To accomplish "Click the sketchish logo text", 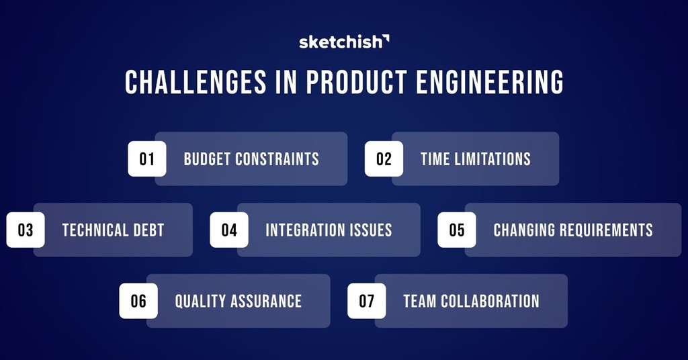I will (x=340, y=42).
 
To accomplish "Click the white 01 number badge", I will (x=147, y=159).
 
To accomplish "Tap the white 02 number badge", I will (x=384, y=159).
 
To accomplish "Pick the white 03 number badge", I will (x=26, y=230).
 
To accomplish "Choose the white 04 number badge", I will (x=229, y=230).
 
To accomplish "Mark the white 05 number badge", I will (x=457, y=230).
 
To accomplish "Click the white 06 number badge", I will (x=138, y=301).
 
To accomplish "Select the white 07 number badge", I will (x=366, y=301).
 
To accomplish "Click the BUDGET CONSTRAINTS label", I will (x=251, y=159).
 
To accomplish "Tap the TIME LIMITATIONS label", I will (x=476, y=159).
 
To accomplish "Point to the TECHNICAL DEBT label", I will (x=113, y=230).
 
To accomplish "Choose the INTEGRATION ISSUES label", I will (x=329, y=230).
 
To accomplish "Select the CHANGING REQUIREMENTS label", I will (x=573, y=230).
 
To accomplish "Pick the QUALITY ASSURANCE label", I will (x=239, y=301).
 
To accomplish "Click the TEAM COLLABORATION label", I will (x=471, y=301).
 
